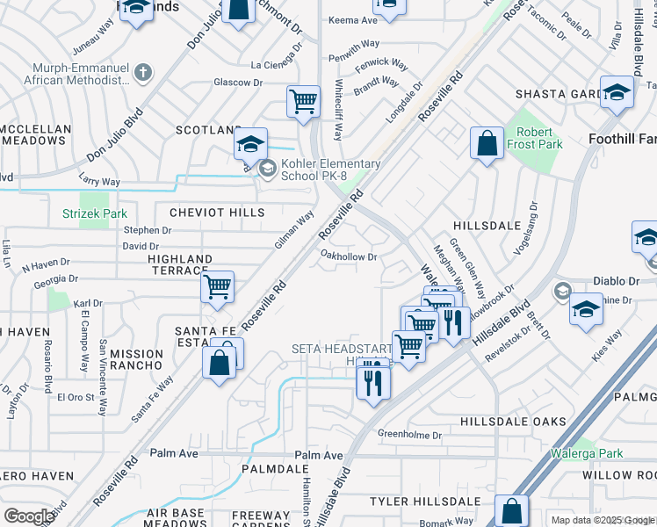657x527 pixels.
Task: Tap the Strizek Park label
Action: pos(95,213)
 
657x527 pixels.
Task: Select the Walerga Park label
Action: pos(587,454)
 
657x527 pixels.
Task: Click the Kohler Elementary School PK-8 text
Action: pos(330,170)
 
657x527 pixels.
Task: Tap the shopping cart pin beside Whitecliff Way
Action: pos(303,101)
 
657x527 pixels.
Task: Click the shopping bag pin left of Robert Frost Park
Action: pos(487,143)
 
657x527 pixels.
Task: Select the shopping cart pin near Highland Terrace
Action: pos(217,285)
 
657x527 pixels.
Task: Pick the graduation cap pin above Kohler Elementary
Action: pos(251,144)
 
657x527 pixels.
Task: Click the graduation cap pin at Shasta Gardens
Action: pos(617,91)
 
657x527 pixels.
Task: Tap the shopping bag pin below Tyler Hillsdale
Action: pos(511,510)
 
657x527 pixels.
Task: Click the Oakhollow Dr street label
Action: pos(349,256)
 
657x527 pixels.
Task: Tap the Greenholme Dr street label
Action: pos(409,434)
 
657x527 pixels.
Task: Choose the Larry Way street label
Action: pos(98,182)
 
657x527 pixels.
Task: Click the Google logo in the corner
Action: pos(29,516)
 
